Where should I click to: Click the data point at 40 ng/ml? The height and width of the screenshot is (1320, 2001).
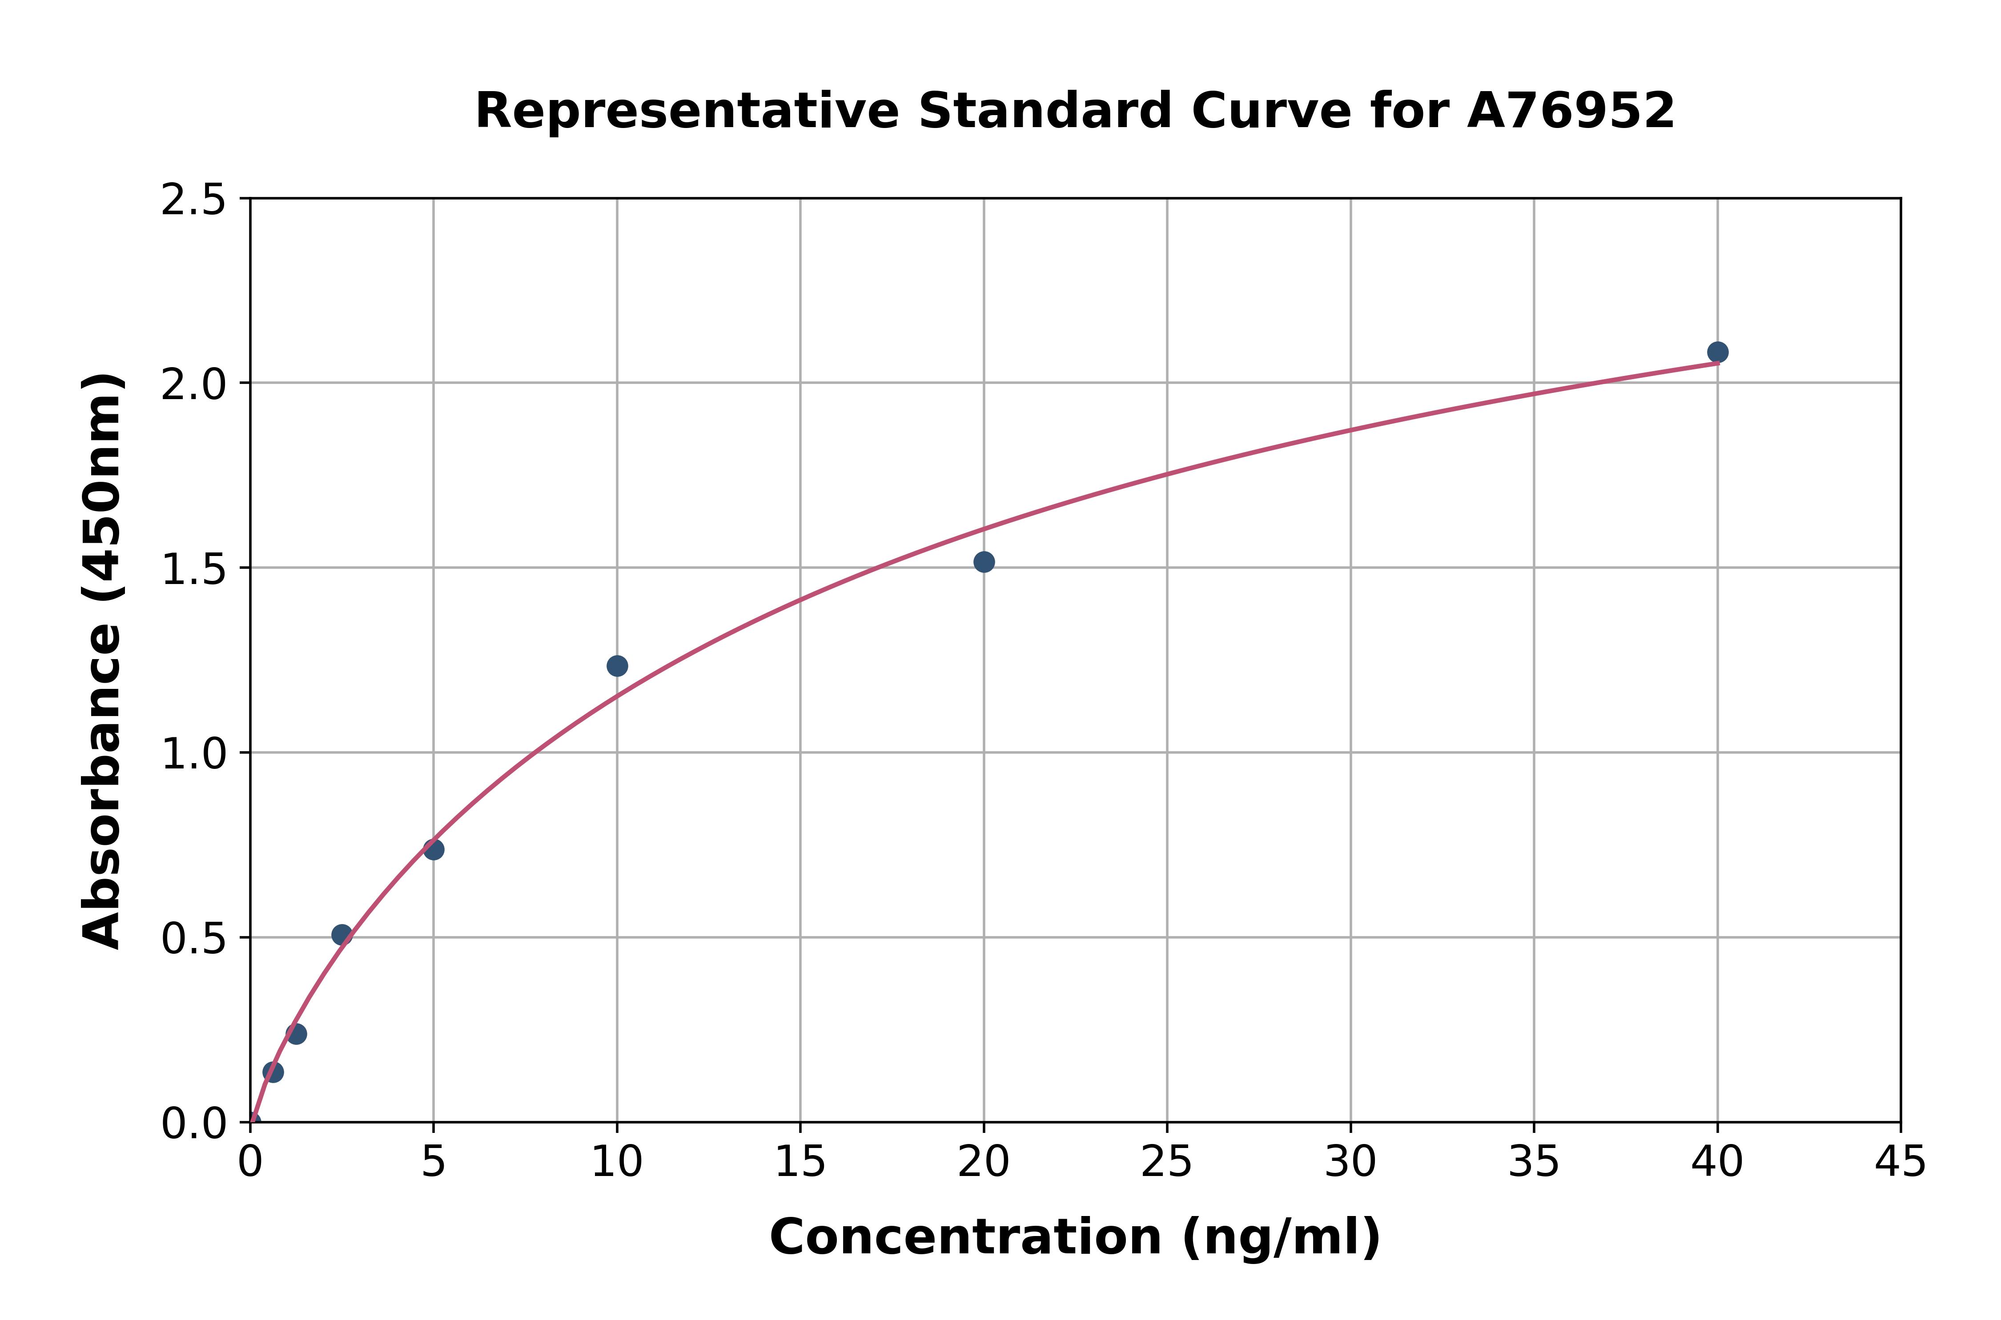[x=1717, y=352]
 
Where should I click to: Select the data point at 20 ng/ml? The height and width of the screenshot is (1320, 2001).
[x=984, y=561]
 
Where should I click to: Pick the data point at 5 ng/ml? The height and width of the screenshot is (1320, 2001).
[x=434, y=849]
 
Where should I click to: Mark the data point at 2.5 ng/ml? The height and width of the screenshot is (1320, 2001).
[x=342, y=934]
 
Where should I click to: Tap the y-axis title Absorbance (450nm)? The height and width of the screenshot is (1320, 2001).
[x=103, y=661]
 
